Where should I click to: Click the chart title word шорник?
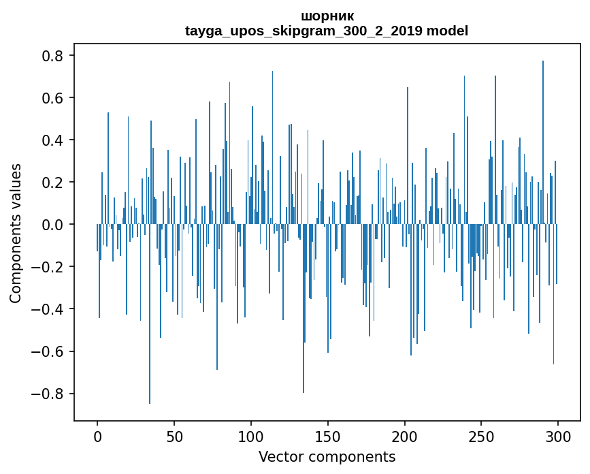(327, 16)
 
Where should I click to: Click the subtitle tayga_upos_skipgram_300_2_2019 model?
(327, 31)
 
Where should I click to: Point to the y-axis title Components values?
(16, 233)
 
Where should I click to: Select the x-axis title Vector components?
(327, 456)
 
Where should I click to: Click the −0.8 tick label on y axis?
(48, 394)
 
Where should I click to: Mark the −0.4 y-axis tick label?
(48, 309)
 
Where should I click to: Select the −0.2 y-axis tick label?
(48, 267)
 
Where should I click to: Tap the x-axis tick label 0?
(97, 436)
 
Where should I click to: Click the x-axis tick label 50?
(174, 436)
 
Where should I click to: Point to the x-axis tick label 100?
(251, 436)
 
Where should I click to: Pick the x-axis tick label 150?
(328, 436)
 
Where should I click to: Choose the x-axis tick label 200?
(404, 436)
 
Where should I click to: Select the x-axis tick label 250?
(481, 436)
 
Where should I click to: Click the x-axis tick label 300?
(558, 436)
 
